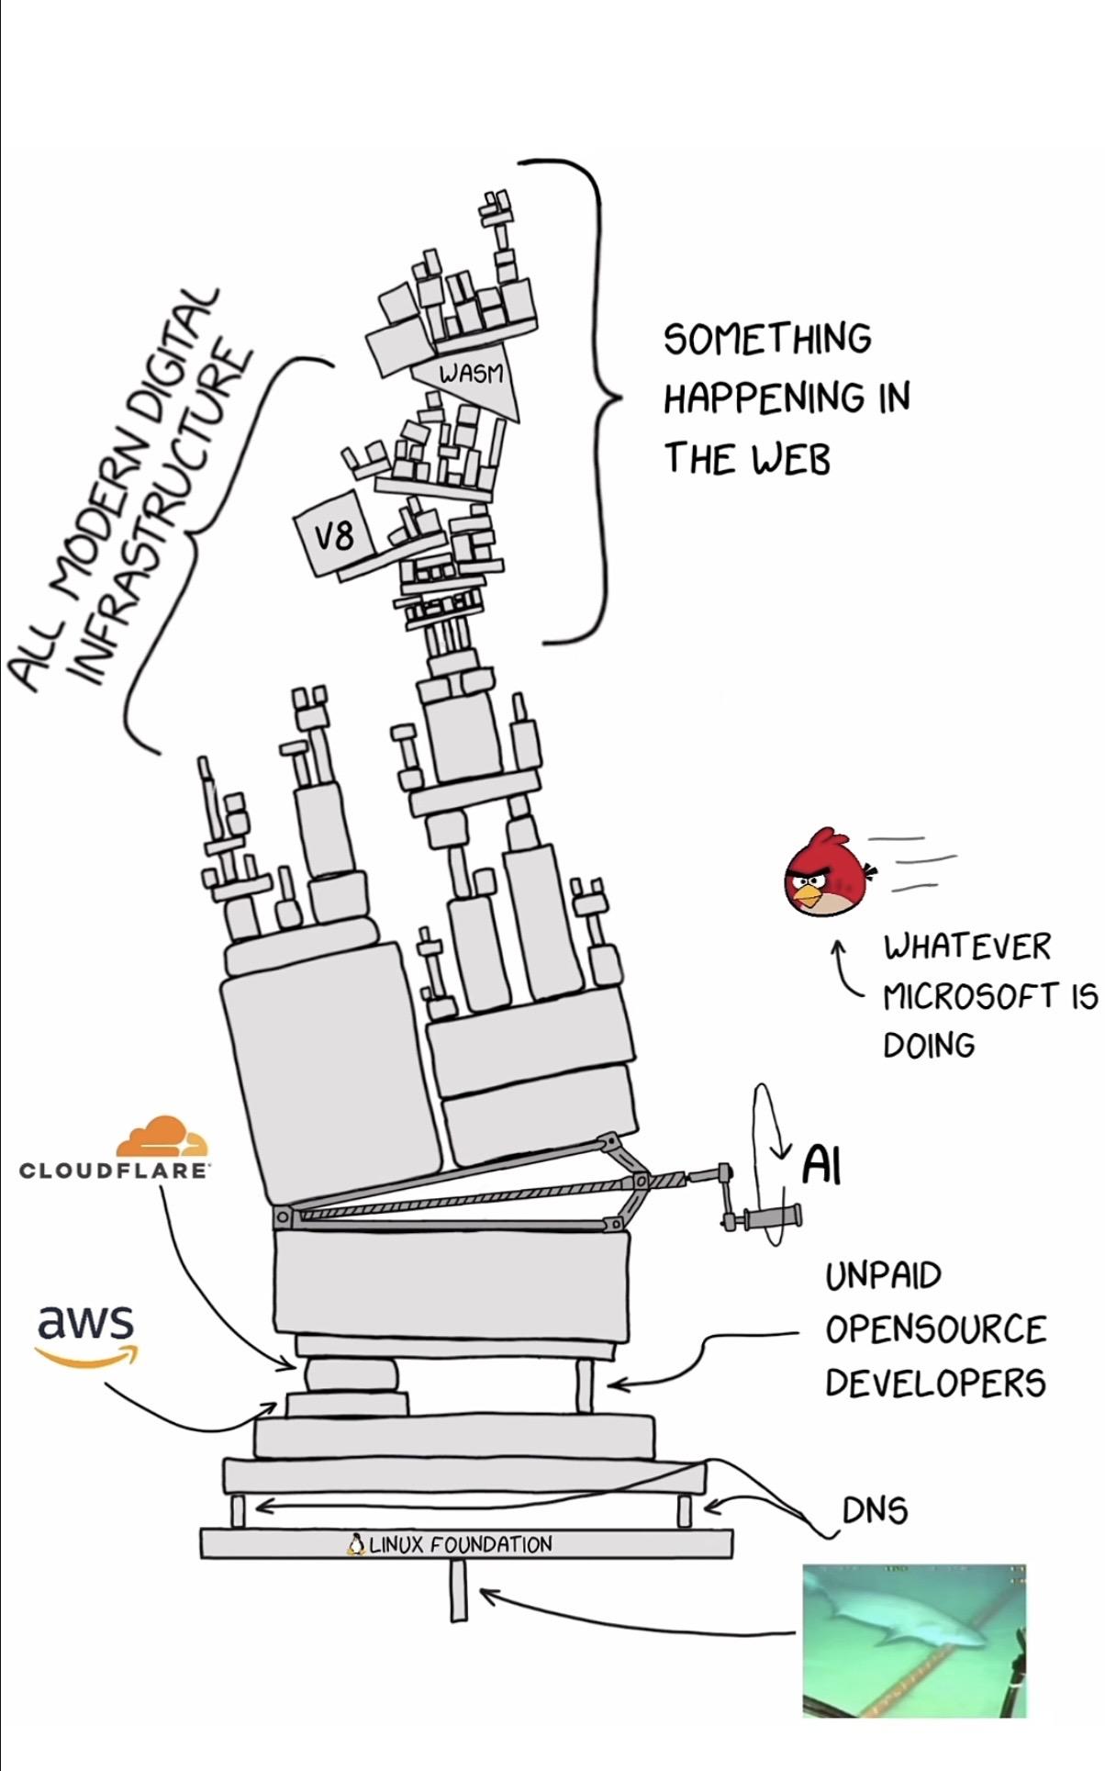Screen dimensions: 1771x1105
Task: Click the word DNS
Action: pos(875,1510)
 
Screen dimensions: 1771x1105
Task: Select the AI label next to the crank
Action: pos(821,1166)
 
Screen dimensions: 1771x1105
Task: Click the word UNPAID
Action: pos(883,1275)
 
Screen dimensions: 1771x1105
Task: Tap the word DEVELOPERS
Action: pos(934,1383)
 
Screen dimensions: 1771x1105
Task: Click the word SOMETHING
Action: pos(767,339)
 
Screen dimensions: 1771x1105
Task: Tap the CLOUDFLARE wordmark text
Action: pos(115,1171)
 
